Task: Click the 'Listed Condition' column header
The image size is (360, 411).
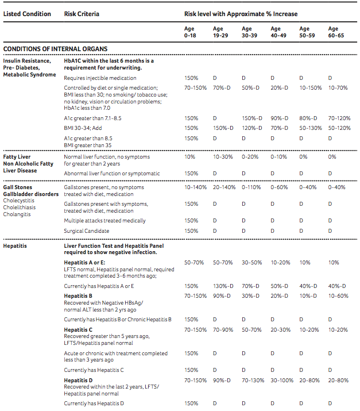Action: click(27, 14)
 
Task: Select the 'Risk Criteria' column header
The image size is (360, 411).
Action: click(82, 14)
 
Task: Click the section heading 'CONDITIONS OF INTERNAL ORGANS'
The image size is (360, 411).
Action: click(55, 49)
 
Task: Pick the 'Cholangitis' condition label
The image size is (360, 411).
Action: click(18, 214)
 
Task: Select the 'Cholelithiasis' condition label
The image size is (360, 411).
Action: click(20, 208)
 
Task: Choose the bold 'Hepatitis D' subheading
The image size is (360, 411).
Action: click(79, 381)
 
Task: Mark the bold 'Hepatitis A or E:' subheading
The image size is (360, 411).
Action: click(84, 262)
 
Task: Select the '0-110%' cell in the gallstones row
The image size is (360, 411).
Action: click(251, 187)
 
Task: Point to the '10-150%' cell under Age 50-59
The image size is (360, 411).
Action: click(311, 87)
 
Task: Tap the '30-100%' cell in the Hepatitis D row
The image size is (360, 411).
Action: click(282, 381)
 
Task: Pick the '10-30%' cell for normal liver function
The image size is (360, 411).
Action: click(223, 156)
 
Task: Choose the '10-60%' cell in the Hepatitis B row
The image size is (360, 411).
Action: click(338, 296)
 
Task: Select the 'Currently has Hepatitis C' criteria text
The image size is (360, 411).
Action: click(94, 370)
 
